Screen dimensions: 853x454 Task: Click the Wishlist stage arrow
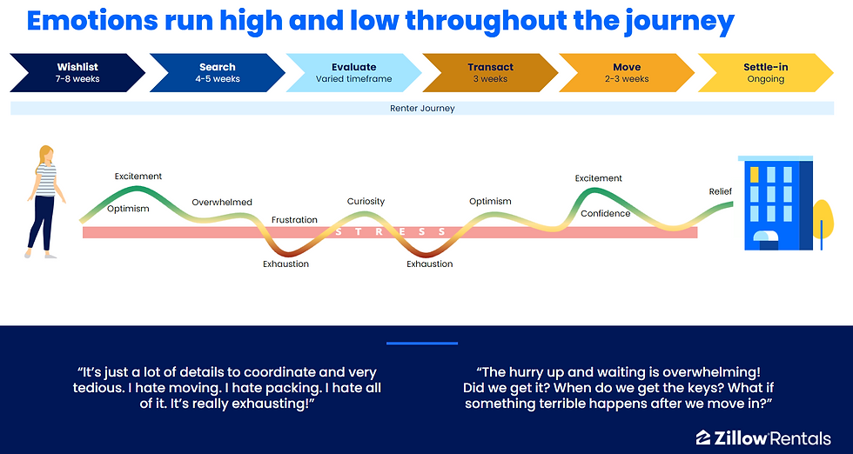click(77, 73)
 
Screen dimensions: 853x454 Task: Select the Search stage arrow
click(217, 73)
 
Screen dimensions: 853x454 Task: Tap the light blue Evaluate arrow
click(353, 73)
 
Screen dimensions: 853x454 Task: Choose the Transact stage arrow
click(490, 73)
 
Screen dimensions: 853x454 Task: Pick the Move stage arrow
click(627, 73)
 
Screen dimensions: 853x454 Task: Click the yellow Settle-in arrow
click(765, 73)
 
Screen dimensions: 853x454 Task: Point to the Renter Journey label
click(422, 108)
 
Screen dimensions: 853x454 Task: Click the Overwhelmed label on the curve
click(222, 203)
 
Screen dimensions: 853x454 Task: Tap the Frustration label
click(294, 220)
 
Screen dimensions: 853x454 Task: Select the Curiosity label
click(366, 201)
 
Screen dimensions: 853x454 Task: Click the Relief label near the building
click(721, 191)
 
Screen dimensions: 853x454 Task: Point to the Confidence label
click(606, 214)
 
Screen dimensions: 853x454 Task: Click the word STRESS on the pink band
click(391, 232)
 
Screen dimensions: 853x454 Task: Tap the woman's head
click(46, 154)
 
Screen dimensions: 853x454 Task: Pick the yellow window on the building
click(754, 175)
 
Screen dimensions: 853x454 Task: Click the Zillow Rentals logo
click(763, 438)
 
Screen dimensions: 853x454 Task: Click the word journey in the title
click(679, 22)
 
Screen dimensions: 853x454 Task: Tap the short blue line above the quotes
click(422, 343)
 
